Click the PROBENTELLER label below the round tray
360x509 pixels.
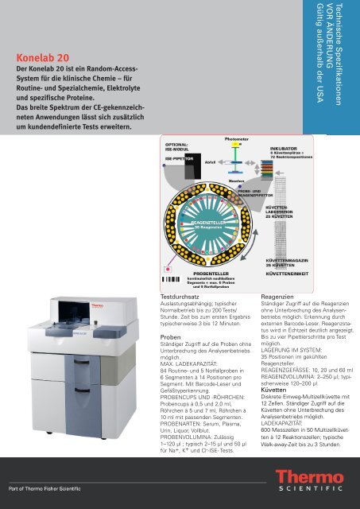pos(212,272)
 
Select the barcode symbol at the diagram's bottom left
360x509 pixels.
pos(172,280)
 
